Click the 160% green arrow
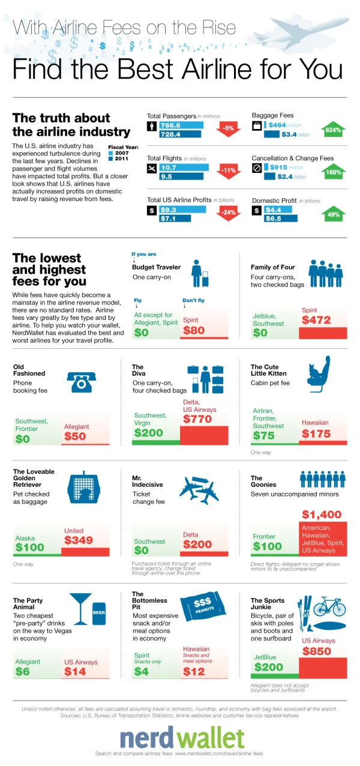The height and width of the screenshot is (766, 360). click(x=333, y=172)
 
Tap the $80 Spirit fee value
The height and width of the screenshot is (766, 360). click(x=194, y=330)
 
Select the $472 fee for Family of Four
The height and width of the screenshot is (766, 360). click(x=316, y=320)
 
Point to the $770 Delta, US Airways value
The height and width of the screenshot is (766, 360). click(x=197, y=419)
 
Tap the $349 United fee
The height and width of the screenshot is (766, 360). click(x=79, y=540)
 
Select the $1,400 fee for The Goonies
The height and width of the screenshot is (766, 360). click(x=322, y=514)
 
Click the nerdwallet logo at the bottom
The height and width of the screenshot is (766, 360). click(x=182, y=738)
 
